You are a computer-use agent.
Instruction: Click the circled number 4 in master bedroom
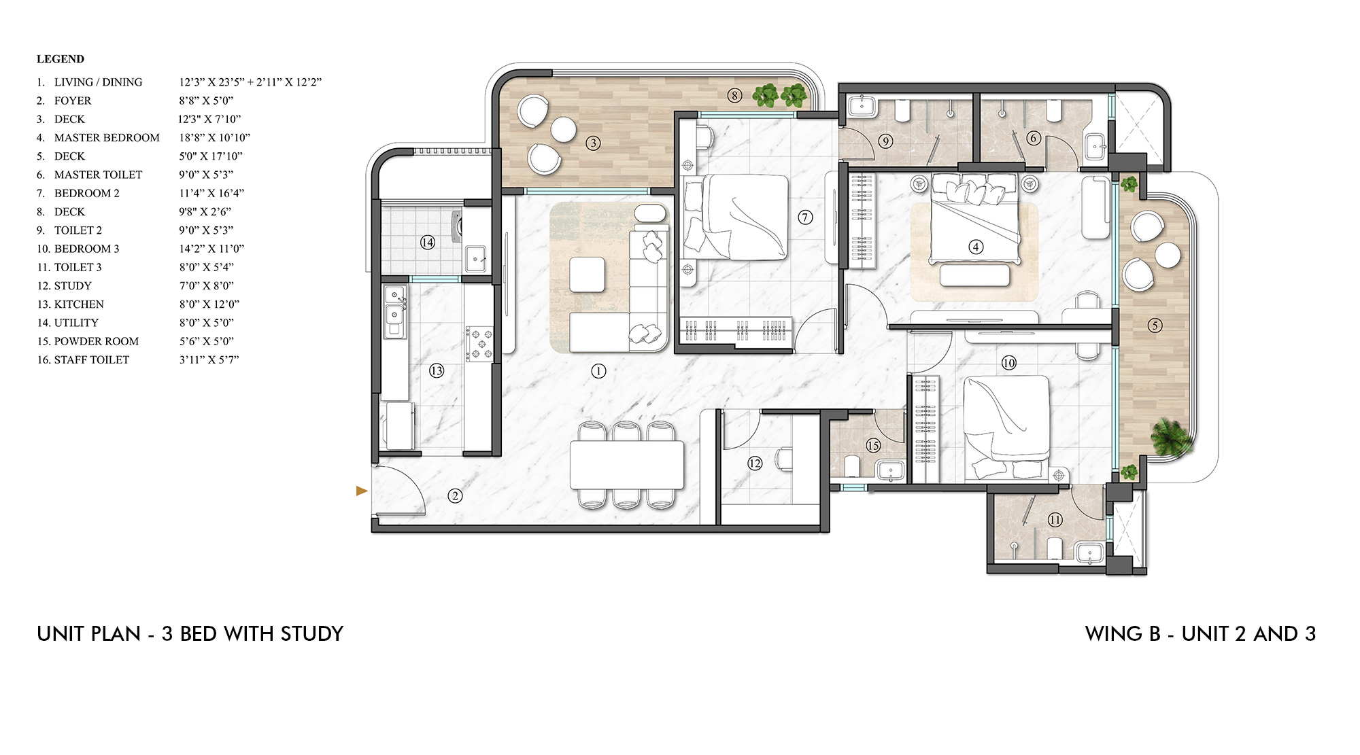976,247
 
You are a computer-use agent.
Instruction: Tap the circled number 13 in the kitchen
437,370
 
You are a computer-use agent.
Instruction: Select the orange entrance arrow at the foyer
362,491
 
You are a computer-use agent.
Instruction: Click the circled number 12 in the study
755,463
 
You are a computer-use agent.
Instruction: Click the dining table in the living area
626,465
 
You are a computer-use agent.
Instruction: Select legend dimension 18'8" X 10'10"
214,137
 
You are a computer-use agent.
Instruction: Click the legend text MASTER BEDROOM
107,137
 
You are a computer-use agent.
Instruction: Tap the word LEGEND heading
61,59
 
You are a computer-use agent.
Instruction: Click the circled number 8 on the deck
734,95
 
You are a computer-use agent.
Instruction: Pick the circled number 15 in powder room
873,445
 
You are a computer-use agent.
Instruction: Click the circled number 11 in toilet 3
1055,520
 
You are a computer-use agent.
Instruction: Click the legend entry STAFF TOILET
91,359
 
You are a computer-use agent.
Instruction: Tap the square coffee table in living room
587,275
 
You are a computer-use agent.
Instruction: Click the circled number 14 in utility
427,242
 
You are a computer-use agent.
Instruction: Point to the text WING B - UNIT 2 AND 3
1200,634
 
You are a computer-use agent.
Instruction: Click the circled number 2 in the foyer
455,496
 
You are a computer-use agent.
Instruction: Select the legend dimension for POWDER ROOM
206,341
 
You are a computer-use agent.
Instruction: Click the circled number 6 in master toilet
1034,138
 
